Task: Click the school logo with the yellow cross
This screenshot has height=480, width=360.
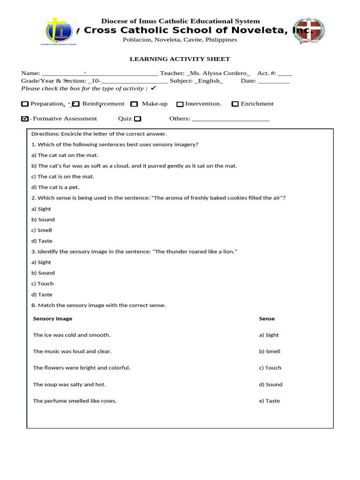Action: pyautogui.click(x=59, y=31)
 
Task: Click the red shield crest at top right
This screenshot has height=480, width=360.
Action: pyautogui.click(x=308, y=31)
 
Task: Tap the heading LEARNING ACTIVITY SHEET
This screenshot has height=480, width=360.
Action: pyautogui.click(x=180, y=59)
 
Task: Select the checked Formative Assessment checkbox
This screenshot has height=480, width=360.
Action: pyautogui.click(x=25, y=119)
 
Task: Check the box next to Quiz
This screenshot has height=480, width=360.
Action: pyautogui.click(x=137, y=119)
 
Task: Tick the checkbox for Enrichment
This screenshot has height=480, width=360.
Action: pyautogui.click(x=235, y=104)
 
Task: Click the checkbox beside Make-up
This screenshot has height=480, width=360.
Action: pyautogui.click(x=134, y=104)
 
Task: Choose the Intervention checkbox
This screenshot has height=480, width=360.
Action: pyautogui.click(x=180, y=104)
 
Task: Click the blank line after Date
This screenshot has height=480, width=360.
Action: pyautogui.click(x=274, y=81)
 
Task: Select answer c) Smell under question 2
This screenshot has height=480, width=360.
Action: pyautogui.click(x=42, y=230)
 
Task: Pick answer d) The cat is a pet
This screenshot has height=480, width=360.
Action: pyautogui.click(x=52, y=187)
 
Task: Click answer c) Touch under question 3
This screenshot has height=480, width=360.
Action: pyautogui.click(x=43, y=284)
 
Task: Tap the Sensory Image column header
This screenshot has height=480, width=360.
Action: pyautogui.click(x=52, y=319)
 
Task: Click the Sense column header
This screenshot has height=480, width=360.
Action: pyautogui.click(x=267, y=319)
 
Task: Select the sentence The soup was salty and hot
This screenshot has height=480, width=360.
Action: pyautogui.click(x=69, y=384)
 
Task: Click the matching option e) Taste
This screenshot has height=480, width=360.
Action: pyautogui.click(x=269, y=401)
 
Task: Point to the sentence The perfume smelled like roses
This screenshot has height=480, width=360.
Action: pyautogui.click(x=75, y=401)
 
